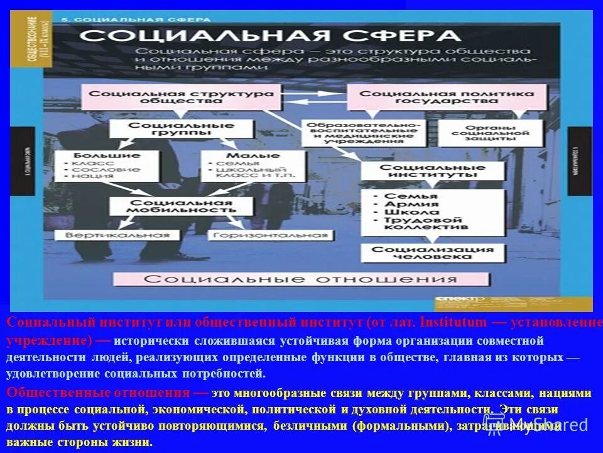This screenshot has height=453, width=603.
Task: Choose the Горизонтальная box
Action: point(271,235)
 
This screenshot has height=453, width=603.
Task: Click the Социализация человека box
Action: point(432,252)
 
